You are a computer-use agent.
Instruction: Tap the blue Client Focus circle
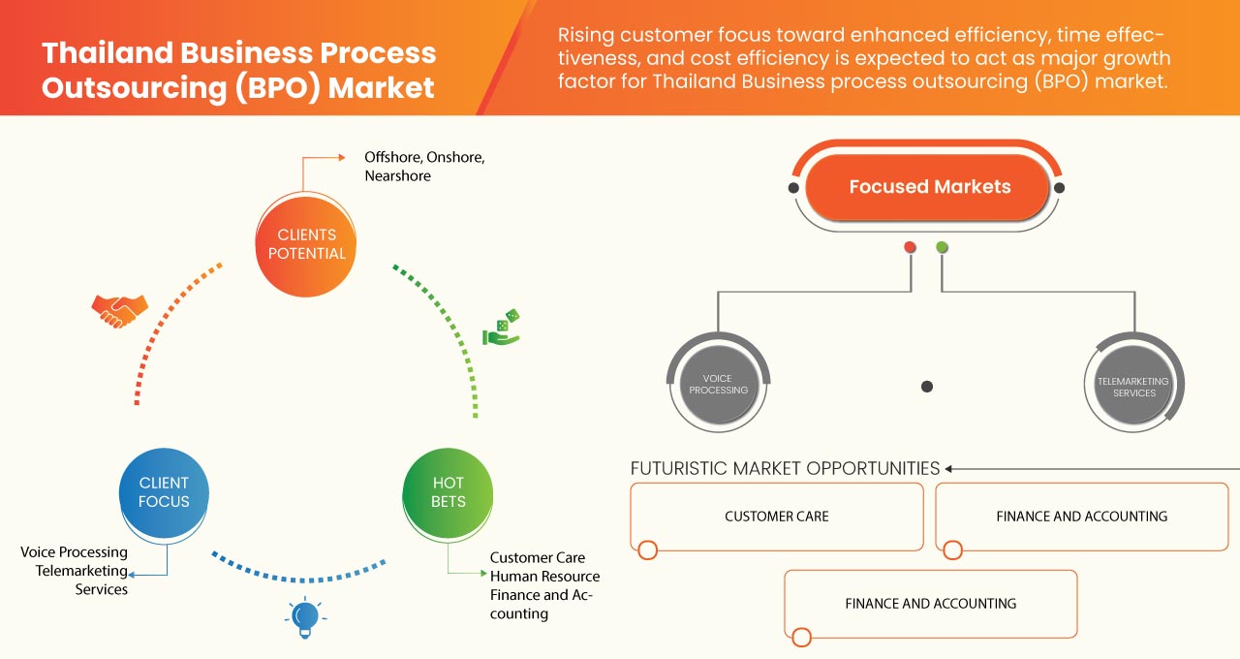[164, 492]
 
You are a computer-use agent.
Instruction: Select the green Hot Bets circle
[448, 492]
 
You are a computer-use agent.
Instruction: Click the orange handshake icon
[119, 311]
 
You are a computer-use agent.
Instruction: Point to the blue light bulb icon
[305, 616]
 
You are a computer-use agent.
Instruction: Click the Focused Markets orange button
[929, 187]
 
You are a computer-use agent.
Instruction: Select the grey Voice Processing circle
[718, 385]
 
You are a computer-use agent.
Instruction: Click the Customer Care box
[777, 517]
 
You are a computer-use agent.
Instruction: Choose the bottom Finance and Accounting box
[931, 603]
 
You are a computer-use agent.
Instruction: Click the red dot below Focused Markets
[910, 247]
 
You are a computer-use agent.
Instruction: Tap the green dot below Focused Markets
[942, 247]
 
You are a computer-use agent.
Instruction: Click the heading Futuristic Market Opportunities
[785, 469]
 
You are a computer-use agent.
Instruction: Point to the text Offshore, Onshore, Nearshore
[424, 167]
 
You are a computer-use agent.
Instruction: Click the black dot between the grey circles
[927, 387]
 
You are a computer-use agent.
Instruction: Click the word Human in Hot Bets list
[514, 577]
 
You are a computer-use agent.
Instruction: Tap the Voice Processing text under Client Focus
[75, 552]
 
